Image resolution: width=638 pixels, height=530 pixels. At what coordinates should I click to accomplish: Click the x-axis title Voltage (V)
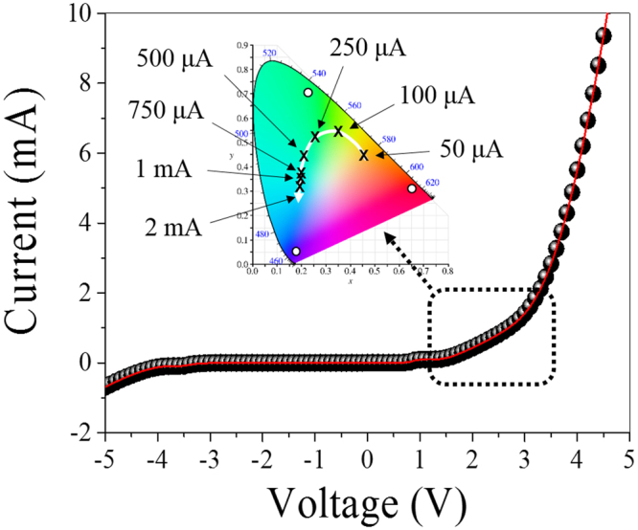368,500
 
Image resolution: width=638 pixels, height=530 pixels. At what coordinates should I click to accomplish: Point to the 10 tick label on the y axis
81,13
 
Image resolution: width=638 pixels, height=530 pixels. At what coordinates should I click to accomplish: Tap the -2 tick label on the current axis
83,433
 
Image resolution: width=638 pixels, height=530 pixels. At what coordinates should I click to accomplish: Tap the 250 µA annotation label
366,46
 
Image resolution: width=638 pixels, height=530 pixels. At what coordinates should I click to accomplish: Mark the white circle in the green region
308,93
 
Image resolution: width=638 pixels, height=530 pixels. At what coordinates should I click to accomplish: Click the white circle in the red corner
412,188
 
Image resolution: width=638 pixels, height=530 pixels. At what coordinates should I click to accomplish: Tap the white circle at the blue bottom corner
295,252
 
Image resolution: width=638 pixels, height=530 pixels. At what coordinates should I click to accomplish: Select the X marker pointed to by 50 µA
364,155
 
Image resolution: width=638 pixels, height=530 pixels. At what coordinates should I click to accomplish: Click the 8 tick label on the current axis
85,83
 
